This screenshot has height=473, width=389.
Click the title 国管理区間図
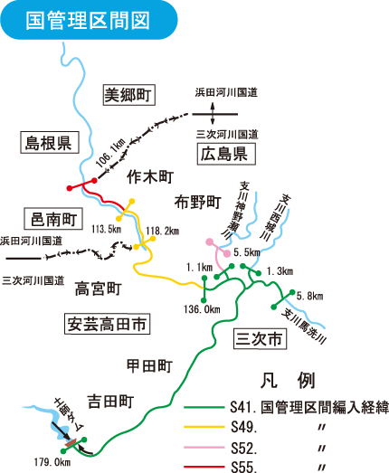88,21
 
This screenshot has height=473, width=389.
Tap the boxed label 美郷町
129,95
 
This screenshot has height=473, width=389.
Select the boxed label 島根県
50,142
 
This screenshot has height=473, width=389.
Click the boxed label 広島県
226,154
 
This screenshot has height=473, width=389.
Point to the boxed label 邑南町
53,219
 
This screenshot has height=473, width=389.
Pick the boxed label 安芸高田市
107,324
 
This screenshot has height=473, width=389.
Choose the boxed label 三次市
261,338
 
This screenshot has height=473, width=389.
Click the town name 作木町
150,176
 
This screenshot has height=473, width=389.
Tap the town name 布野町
198,202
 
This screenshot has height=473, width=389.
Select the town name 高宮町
98,289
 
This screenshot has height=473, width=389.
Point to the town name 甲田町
149,366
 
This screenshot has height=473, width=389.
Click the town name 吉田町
110,402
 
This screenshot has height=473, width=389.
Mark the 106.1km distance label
110,153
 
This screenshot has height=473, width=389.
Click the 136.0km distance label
202,309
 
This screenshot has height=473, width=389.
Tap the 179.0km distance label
52,462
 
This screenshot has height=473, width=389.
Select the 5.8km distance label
309,297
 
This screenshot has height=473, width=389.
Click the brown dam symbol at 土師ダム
71,443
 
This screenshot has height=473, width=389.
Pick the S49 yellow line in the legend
204,427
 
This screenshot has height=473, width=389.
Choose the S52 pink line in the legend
204,447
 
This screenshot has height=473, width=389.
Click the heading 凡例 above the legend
288,381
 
